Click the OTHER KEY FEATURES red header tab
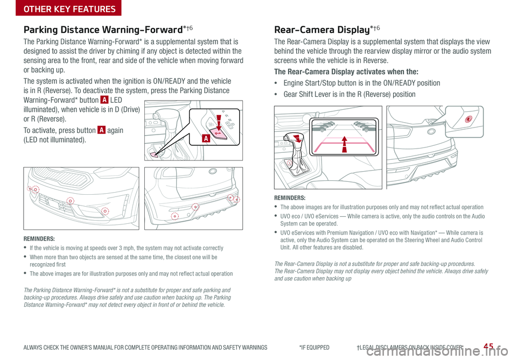pyautogui.click(x=68, y=8)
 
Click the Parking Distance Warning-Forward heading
pyautogui.click(x=108, y=30)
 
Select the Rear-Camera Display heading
pyautogui.click(x=327, y=30)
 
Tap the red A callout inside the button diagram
pyautogui.click(x=206, y=138)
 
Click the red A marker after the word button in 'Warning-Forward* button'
pyautogui.click(x=104, y=100)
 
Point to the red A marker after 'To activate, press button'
pyautogui.click(x=101, y=130)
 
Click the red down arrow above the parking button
pyautogui.click(x=218, y=122)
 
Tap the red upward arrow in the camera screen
pyautogui.click(x=345, y=144)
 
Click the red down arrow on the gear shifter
pyautogui.click(x=298, y=137)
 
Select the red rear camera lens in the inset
pyautogui.click(x=469, y=119)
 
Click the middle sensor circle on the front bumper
pyautogui.click(x=70, y=201)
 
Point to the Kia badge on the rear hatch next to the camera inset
pyautogui.click(x=431, y=131)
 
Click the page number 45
pyautogui.click(x=488, y=346)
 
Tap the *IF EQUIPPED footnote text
pyautogui.click(x=314, y=348)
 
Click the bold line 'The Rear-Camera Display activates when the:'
pyautogui.click(x=346, y=72)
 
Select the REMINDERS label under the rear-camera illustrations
pyautogui.click(x=290, y=198)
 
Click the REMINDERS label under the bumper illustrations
pyautogui.click(x=39, y=239)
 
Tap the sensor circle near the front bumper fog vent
pyautogui.click(x=105, y=211)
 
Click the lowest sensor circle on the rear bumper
pyautogui.click(x=174, y=216)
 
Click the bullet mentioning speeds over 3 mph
pyautogui.click(x=126, y=248)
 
